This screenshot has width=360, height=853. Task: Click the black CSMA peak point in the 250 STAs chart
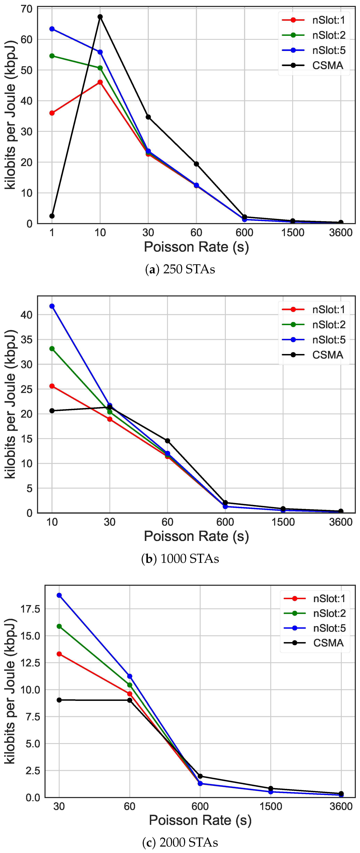[100, 17]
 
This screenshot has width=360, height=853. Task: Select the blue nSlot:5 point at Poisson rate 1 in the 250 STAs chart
[52, 29]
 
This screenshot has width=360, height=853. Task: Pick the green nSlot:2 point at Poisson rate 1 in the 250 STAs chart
[52, 56]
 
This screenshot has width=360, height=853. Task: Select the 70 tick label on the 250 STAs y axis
[26, 9]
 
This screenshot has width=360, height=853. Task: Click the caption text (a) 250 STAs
[180, 269]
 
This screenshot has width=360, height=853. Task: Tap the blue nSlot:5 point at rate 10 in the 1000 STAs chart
[52, 306]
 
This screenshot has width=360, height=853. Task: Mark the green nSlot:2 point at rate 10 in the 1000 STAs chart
[52, 349]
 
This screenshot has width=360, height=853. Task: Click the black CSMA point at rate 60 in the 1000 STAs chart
[168, 441]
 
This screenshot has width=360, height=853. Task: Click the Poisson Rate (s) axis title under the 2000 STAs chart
[200, 820]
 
